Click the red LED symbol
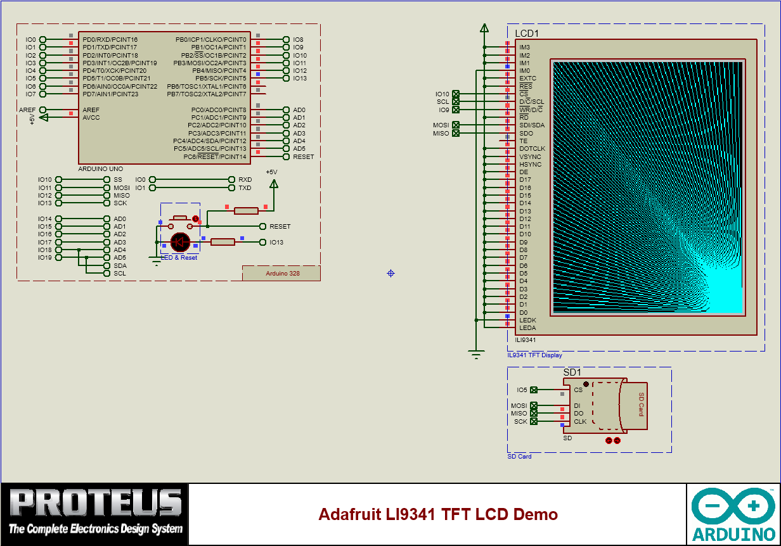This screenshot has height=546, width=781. click(181, 241)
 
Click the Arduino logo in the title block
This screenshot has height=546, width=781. click(733, 514)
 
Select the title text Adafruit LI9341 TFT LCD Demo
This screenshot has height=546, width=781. click(438, 514)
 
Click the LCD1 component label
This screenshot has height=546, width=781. click(527, 33)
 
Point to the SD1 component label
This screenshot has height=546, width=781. click(572, 372)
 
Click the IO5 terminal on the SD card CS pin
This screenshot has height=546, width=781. click(534, 390)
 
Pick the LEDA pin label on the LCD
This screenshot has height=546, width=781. click(527, 328)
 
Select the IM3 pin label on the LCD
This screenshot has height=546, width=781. click(524, 48)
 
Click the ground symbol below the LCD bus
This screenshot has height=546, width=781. click(476, 355)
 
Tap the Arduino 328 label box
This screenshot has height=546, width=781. click(281, 274)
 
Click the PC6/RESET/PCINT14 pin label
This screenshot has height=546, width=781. click(214, 156)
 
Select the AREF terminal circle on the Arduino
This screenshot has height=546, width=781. click(43, 110)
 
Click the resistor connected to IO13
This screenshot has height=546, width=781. click(223, 241)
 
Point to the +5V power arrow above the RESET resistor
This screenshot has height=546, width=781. click(273, 184)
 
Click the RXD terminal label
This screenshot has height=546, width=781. click(245, 180)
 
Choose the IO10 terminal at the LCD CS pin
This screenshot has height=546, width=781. click(455, 94)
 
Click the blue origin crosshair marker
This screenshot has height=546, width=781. click(390, 273)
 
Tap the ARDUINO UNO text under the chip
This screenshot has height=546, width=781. click(100, 169)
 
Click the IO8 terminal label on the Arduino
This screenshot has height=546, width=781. click(298, 40)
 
